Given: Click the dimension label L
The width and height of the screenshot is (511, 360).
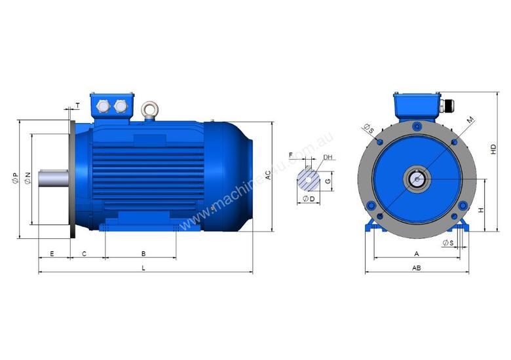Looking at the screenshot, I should [143, 268].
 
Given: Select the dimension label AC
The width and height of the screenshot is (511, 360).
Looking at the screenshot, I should [268, 175].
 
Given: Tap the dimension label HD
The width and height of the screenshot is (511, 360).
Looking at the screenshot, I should [494, 149].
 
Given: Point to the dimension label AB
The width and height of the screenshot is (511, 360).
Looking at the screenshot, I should [416, 268].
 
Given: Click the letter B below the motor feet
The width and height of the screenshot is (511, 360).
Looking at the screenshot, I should [143, 253].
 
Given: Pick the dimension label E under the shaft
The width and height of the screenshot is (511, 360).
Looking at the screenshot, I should [52, 253].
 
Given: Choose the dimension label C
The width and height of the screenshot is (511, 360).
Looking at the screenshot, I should [83, 253].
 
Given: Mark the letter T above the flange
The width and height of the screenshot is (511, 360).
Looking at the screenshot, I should [77, 105].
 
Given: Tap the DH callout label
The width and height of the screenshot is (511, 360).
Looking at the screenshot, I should [328, 158].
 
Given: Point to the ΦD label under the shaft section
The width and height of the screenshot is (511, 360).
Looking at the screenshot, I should [309, 198].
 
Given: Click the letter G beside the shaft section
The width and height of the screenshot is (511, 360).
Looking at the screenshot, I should [328, 181].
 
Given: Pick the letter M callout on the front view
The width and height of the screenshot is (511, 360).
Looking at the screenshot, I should [470, 120].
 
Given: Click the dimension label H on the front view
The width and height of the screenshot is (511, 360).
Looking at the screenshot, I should [480, 210].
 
